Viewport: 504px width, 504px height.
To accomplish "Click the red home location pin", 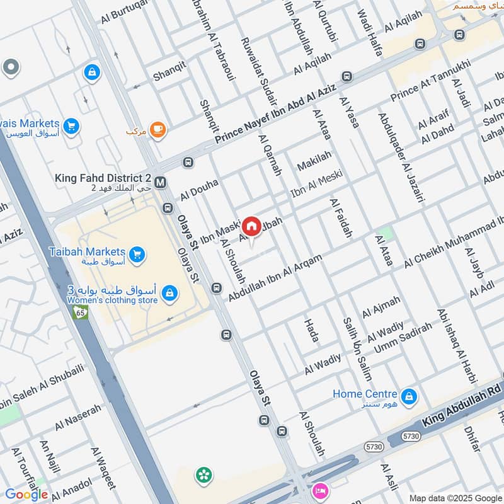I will point(251,226).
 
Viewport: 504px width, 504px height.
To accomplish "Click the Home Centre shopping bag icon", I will point(409,396).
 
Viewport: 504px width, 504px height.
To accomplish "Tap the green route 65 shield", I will point(80,312).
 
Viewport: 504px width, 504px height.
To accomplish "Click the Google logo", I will point(26,495).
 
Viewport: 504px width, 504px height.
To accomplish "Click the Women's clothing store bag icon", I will point(168,293).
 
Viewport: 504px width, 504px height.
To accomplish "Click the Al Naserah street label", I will point(77,418).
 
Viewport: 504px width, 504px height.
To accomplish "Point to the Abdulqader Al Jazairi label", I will point(401,157).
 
